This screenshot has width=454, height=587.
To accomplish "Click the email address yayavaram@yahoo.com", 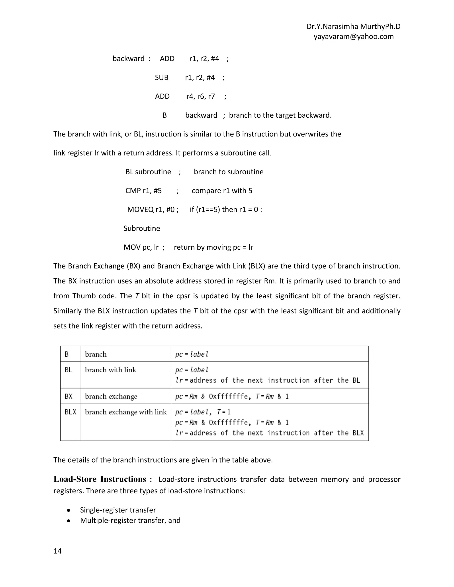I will pyautogui.click(x=353, y=37).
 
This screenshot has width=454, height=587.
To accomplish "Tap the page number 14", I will pyautogui.click(x=58, y=551).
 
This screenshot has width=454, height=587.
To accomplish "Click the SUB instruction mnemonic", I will pyautogui.click(x=161, y=78).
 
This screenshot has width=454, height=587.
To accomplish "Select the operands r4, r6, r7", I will pyautogui.click(x=201, y=97).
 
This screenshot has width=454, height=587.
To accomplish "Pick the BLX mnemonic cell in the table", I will pyautogui.click(x=70, y=412).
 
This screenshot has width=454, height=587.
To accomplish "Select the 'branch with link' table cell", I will pyautogui.click(x=111, y=370).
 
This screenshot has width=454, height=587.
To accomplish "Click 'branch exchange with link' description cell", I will pyautogui.click(x=126, y=412).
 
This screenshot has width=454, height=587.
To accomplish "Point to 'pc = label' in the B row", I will pyautogui.click(x=192, y=354).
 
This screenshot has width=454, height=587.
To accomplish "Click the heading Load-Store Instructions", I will pyautogui.click(x=100, y=479).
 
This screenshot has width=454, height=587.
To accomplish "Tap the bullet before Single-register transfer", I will pyautogui.click(x=69, y=510).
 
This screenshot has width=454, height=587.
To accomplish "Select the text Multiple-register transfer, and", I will pyautogui.click(x=130, y=521).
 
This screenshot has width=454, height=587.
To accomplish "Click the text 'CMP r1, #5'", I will pyautogui.click(x=143, y=191).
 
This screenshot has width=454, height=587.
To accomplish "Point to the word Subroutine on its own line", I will pyautogui.click(x=142, y=228).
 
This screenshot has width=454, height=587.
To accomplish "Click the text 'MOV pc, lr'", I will pyautogui.click(x=141, y=247).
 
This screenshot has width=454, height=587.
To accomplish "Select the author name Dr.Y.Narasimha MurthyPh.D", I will pyautogui.click(x=353, y=27).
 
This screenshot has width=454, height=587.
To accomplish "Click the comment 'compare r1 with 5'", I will pyautogui.click(x=222, y=191).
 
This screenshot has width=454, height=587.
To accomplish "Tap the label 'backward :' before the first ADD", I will pyautogui.click(x=131, y=59).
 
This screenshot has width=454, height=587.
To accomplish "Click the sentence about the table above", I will pyautogui.click(x=163, y=460).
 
